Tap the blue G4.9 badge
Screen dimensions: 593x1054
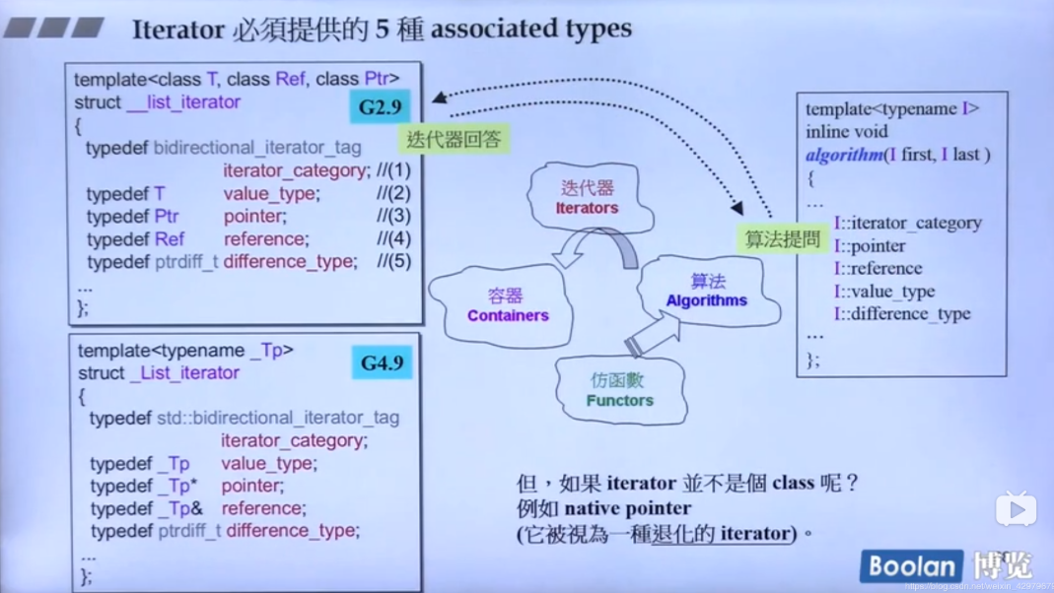click(382, 362)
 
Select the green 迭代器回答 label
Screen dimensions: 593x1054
click(455, 140)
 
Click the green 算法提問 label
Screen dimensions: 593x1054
click(783, 238)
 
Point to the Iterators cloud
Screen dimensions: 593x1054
click(587, 198)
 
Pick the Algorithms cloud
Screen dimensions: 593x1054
click(706, 291)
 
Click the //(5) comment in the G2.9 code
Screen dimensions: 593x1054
click(393, 261)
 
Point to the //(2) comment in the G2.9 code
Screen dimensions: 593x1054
click(393, 193)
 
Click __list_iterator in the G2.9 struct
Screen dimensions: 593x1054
click(183, 102)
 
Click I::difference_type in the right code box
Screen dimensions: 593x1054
click(902, 313)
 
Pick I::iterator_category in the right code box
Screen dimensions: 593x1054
click(907, 223)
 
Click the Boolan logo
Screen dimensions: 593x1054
click(911, 566)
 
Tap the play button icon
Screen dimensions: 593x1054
click(1016, 509)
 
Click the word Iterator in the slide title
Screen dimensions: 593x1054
click(178, 29)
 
